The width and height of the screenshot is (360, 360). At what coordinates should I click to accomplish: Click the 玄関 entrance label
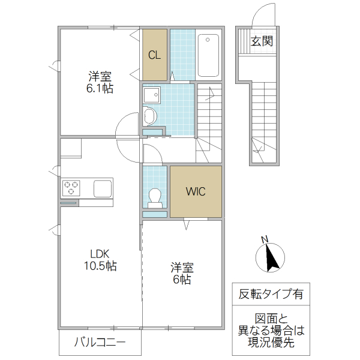[x=262, y=41]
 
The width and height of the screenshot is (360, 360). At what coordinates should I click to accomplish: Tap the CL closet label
[x=154, y=55]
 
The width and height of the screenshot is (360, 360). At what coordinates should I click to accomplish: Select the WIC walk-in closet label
[x=196, y=192]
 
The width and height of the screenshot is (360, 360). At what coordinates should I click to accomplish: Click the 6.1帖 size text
[x=100, y=88]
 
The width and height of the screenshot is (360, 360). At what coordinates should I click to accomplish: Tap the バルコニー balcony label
[x=100, y=344]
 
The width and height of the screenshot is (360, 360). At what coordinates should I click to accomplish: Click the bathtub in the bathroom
[x=208, y=55]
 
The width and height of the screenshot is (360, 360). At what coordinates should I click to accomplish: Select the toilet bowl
[x=155, y=196]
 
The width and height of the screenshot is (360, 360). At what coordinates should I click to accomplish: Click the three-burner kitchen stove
[x=71, y=188]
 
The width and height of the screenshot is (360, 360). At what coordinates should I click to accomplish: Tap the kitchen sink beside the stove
[x=102, y=188]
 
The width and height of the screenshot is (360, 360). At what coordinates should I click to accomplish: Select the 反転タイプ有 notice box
[x=271, y=295]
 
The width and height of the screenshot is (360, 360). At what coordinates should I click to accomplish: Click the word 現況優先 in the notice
[x=271, y=343]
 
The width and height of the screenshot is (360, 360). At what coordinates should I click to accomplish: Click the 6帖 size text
[x=182, y=279]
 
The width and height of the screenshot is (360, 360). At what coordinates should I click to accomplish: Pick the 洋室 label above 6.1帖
[x=100, y=76]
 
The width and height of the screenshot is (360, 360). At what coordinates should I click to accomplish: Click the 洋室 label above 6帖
[x=182, y=266]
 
